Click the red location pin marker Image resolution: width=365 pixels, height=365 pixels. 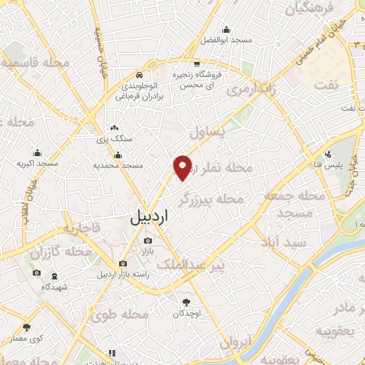click(183, 167)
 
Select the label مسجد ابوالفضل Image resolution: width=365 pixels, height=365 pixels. click(227, 40)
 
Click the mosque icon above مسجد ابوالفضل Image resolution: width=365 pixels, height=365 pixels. click(227, 29)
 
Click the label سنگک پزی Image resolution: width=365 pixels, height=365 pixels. click(115, 138)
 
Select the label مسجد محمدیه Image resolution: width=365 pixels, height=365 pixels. click(118, 165)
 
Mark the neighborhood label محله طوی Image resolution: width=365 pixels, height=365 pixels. click(128, 314)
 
